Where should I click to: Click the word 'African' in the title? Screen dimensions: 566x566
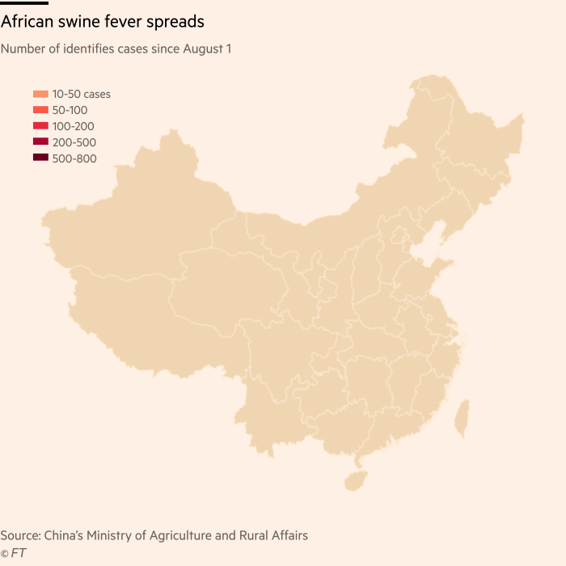[x=29, y=21]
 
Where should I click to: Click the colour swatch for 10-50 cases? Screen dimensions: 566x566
[x=40, y=94]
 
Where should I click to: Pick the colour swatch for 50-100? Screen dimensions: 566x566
[x=40, y=110]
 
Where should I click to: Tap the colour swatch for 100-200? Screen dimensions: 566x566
[x=40, y=126]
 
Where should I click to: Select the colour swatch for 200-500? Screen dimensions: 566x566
[x=40, y=142]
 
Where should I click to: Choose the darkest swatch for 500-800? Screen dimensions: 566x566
[x=40, y=158]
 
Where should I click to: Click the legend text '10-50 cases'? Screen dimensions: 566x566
[x=81, y=94]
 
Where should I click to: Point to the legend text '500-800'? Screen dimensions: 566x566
[x=74, y=158]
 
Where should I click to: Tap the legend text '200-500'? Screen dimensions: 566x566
[x=74, y=142]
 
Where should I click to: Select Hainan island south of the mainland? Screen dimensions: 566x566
[x=354, y=480]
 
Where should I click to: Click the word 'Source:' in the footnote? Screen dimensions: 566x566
[x=21, y=535]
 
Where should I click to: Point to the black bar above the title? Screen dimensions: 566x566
[x=24, y=2]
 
